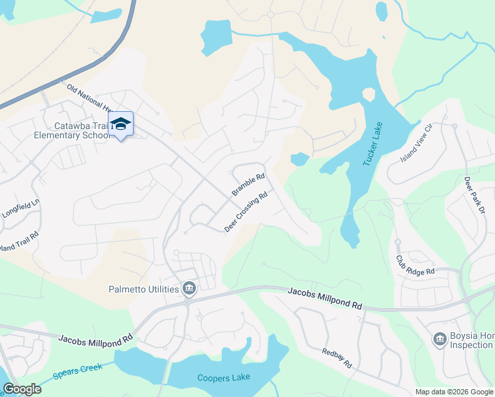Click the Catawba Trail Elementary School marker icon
coord(121,124)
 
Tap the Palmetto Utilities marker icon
coord(189,288)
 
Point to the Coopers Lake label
coord(220,378)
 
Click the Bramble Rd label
coord(248,185)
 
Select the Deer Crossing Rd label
coord(246,212)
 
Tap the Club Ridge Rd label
coord(416,265)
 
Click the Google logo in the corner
coord(22,389)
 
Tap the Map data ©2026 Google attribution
coord(453,392)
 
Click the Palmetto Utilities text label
coord(144,289)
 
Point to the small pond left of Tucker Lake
coord(299,159)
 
